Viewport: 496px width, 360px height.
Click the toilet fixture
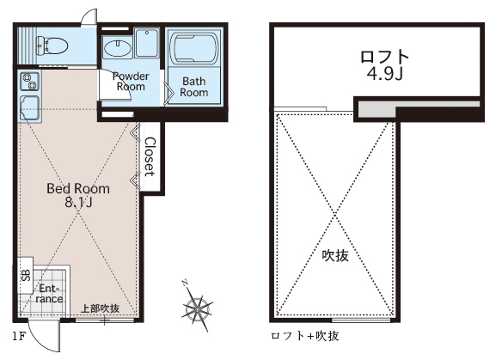tap(52, 46)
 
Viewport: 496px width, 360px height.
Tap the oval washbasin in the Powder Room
tap(118, 49)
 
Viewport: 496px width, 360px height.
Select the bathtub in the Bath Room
tap(194, 48)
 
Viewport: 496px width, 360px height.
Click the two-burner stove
tap(30, 82)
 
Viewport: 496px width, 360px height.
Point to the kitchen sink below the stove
tap(30, 107)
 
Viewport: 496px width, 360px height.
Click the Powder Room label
tap(131, 82)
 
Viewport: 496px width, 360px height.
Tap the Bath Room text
tap(194, 87)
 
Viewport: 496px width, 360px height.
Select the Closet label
tap(150, 156)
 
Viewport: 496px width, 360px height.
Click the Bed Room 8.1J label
tap(78, 195)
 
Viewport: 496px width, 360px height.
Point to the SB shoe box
tap(26, 275)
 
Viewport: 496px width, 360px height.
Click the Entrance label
tap(49, 294)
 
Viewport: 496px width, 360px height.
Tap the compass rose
tap(197, 306)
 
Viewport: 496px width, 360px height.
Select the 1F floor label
tap(19, 336)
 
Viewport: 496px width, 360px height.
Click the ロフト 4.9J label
tap(385, 65)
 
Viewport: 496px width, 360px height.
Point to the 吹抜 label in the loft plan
tap(335, 255)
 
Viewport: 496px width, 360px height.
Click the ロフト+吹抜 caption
tap(305, 336)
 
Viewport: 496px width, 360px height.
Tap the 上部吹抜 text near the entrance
tap(101, 308)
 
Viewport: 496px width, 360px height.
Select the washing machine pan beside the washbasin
tap(146, 43)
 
